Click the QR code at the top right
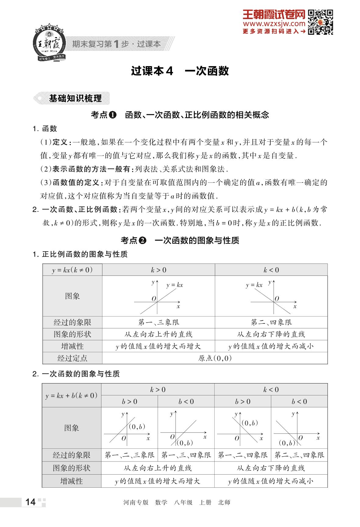(x=320, y=22)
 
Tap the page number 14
(x=30, y=502)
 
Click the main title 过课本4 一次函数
(x=180, y=71)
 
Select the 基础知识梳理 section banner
(x=75, y=98)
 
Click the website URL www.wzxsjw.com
(x=274, y=24)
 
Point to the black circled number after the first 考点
(x=113, y=115)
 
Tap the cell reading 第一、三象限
(x=159, y=322)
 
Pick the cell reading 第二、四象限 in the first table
(x=271, y=322)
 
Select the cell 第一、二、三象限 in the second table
(x=130, y=455)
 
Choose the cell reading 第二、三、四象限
(x=299, y=455)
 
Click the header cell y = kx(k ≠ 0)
(x=72, y=270)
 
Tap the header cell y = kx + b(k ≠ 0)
(x=72, y=395)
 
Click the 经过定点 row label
(x=72, y=358)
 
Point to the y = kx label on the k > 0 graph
(x=175, y=285)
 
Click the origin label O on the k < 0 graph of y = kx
(x=277, y=299)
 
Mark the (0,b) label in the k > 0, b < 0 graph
(x=185, y=443)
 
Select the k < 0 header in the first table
(x=271, y=270)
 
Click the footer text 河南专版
(x=136, y=502)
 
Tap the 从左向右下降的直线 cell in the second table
(x=271, y=468)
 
